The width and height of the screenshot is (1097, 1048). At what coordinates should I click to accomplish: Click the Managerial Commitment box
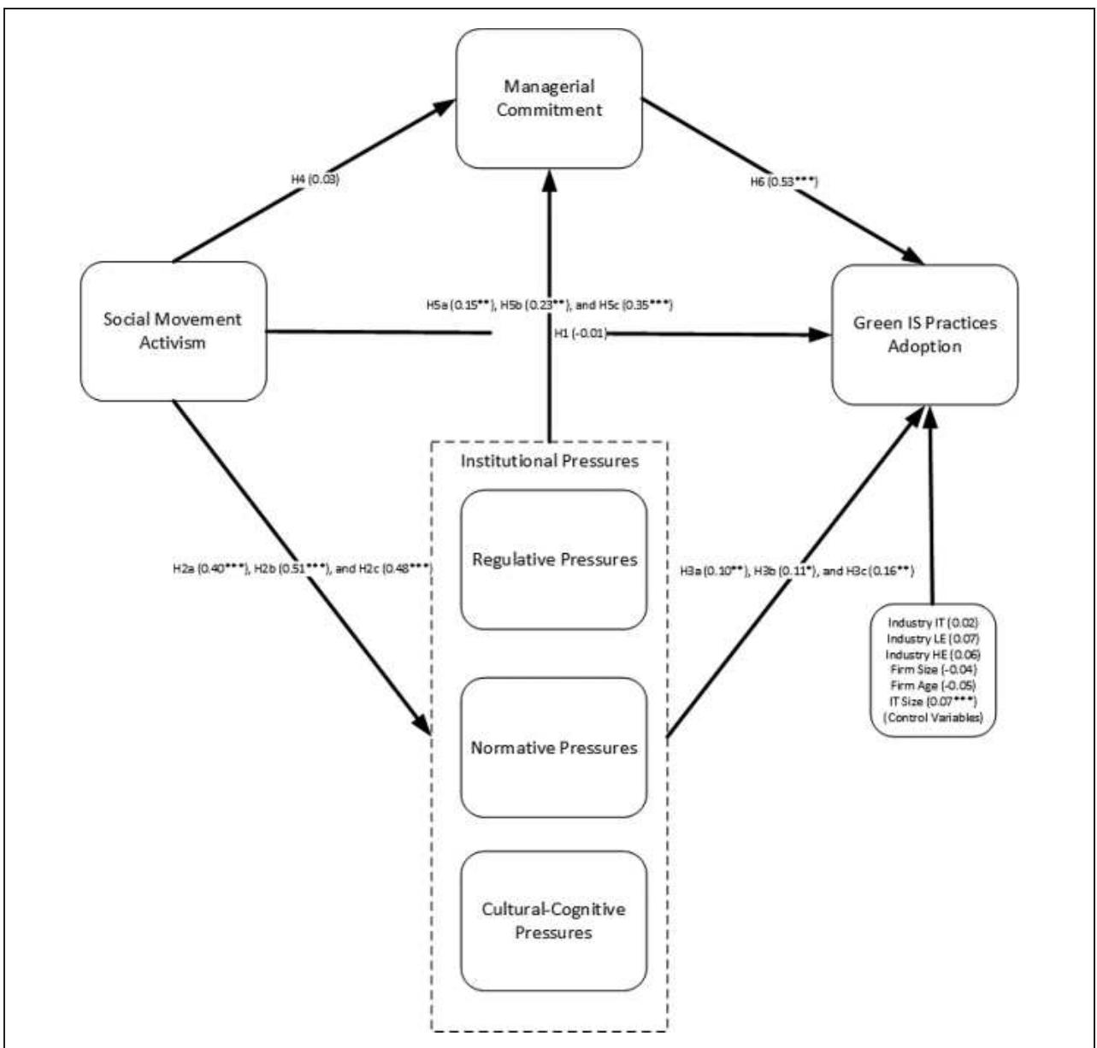click(x=549, y=98)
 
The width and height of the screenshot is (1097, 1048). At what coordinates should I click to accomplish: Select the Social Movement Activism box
click(x=173, y=332)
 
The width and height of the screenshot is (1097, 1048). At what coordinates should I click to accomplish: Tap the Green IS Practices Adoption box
click(x=924, y=335)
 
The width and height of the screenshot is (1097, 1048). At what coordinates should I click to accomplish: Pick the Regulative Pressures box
click(x=553, y=560)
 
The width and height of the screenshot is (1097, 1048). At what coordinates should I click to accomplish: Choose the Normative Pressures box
click(x=553, y=748)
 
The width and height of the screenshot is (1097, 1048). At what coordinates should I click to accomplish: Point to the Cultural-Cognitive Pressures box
click(x=553, y=921)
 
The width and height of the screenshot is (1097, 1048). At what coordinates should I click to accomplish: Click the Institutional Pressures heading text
click(x=550, y=461)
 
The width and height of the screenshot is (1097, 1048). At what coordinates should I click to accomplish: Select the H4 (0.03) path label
click(x=316, y=180)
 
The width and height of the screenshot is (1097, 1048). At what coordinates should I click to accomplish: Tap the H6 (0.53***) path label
click(x=784, y=181)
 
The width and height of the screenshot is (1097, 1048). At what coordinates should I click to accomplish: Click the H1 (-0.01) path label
click(x=581, y=333)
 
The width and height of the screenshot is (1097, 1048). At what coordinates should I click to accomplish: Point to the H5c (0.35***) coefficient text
click(x=635, y=305)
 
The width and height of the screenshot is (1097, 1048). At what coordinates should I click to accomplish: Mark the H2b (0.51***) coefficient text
click(x=292, y=568)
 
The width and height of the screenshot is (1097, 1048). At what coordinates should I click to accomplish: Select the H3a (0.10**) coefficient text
click(x=715, y=571)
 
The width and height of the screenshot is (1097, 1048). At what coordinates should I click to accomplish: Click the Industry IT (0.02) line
click(x=933, y=622)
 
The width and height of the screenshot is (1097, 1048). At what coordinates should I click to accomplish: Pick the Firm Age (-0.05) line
click(x=933, y=686)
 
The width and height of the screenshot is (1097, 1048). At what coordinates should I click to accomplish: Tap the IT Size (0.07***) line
click(x=933, y=702)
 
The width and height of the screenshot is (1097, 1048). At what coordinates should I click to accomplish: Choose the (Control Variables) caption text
click(x=933, y=717)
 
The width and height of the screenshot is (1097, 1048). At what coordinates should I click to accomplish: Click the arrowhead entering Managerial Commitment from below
click(x=550, y=181)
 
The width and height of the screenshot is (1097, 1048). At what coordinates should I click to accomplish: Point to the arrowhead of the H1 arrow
click(x=819, y=335)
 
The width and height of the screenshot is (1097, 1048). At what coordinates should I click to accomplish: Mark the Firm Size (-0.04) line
click(x=933, y=670)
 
